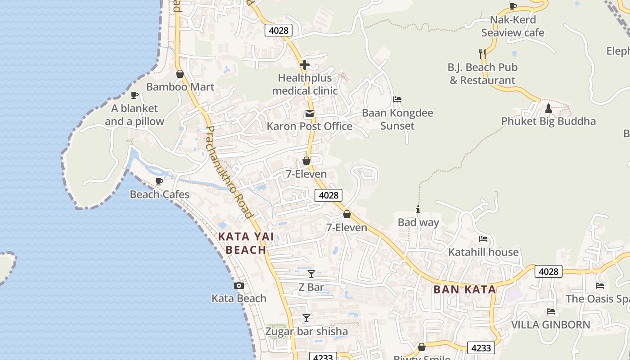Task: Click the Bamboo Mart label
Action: point(180,87)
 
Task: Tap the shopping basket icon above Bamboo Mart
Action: point(180,74)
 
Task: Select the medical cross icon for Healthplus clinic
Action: point(305,65)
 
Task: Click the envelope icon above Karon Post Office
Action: point(309,113)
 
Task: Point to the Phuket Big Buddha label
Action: point(548,121)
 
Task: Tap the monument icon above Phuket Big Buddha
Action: point(548,108)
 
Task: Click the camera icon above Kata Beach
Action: point(239,285)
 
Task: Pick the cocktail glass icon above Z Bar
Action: point(311,274)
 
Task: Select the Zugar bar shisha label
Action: point(306,332)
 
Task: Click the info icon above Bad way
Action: point(418,209)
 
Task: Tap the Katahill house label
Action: point(483,252)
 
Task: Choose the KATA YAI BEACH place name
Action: point(246,243)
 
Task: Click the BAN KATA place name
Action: point(465,289)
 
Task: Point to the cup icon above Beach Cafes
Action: point(159,181)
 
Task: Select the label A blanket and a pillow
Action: point(135,115)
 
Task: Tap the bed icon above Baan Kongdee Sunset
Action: point(397,99)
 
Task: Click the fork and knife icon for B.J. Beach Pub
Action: point(482,54)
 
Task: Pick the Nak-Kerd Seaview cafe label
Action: point(513,26)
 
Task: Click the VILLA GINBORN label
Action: point(550,324)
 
